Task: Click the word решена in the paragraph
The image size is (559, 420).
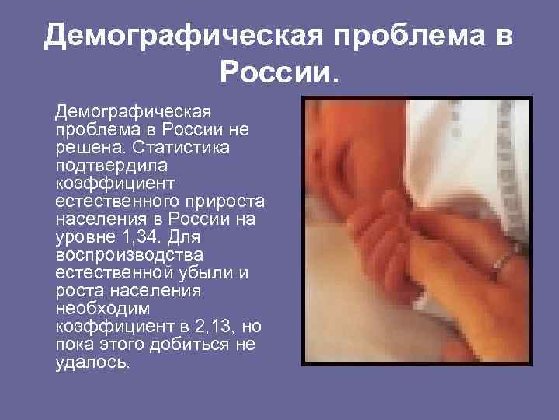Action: coord(82,147)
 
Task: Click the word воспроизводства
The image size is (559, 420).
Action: coord(127,255)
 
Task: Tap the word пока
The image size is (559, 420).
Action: coord(75,345)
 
